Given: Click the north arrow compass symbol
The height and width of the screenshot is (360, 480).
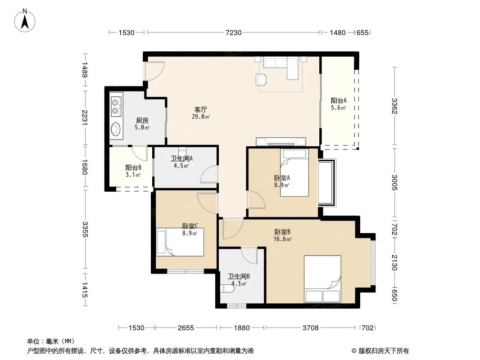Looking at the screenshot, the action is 25,21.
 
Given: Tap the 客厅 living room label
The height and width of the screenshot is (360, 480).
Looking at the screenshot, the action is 201,109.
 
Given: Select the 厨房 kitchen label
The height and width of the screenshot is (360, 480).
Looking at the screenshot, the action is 142,120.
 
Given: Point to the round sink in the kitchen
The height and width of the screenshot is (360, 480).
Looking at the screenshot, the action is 115,129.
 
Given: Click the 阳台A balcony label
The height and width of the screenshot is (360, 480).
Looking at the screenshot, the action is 339,100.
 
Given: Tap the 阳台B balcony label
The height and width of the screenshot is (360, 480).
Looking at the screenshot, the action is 133,167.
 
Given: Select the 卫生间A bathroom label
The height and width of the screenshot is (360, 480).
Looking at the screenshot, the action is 181,158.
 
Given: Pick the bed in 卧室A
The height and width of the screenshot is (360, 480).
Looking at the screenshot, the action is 294,173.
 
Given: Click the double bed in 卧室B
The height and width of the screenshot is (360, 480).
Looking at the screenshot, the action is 323,279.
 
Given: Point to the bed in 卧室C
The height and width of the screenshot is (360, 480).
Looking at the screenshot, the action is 180,242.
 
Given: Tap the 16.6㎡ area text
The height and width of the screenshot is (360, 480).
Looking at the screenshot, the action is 282,239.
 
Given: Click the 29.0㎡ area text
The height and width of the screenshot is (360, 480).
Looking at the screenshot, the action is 201,117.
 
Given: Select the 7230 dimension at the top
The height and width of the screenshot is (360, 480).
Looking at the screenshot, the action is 234,32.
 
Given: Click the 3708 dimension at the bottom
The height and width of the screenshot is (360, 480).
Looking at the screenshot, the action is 310,328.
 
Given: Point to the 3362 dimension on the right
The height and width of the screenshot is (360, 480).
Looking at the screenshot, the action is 394,106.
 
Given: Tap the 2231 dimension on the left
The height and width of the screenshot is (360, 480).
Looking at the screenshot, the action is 85,117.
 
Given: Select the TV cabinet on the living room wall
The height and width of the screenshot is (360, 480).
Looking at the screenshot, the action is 281,142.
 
